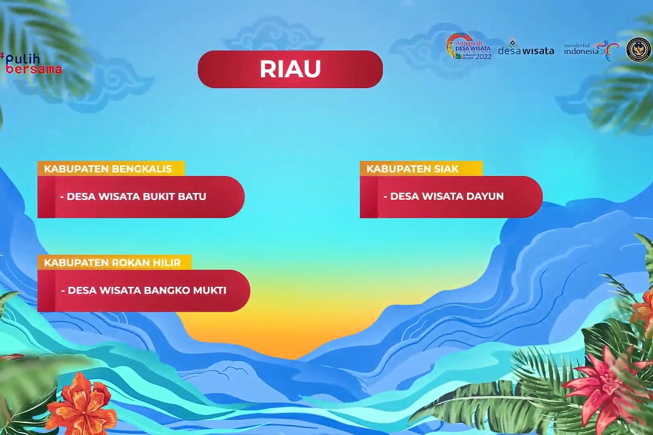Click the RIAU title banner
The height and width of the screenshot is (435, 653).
click(x=290, y=69)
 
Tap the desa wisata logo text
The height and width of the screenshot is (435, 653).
click(x=526, y=50)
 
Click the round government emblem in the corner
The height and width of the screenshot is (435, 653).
click(x=638, y=50)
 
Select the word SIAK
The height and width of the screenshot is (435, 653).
click(x=446, y=168)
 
